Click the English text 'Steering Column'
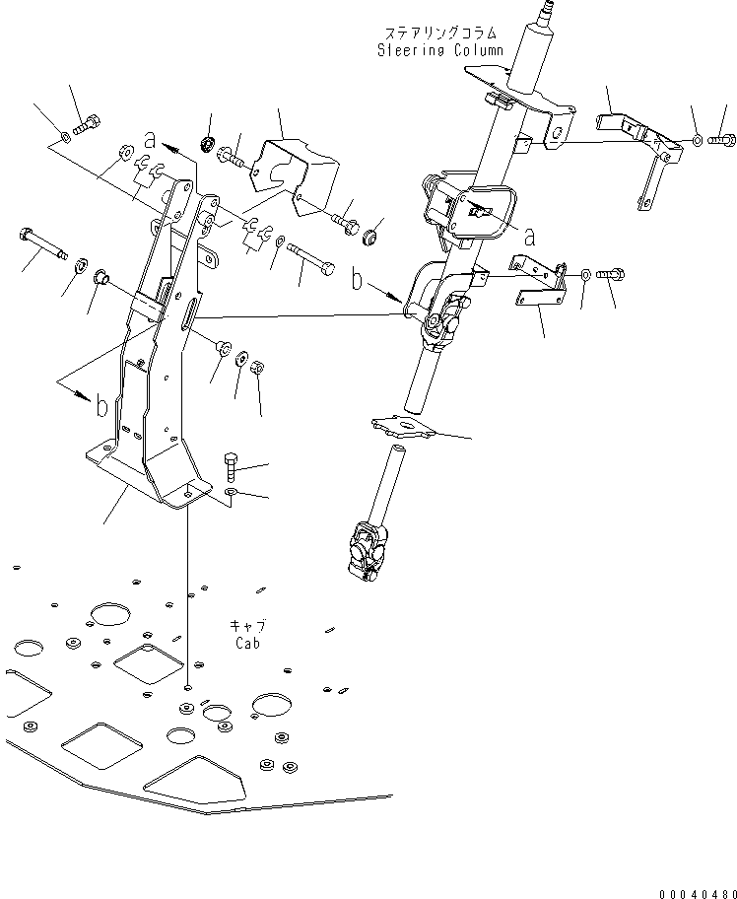tap(439, 50)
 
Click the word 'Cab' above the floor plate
tap(248, 643)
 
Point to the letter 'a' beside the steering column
tap(529, 238)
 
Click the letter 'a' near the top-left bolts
tap(149, 139)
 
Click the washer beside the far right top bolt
tap(699, 142)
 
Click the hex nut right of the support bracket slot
tap(254, 368)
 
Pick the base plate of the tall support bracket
tap(148, 478)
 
